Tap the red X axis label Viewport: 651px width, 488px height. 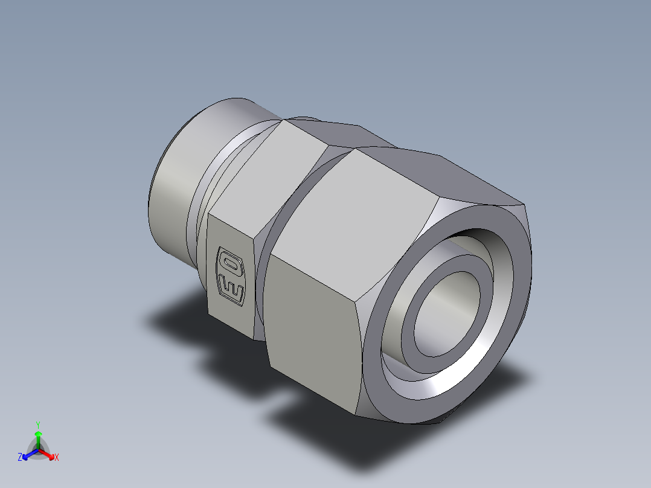click(56, 457)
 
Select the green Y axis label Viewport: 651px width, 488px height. click(37, 424)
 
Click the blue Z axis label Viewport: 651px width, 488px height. click(20, 457)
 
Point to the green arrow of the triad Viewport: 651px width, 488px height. click(38, 436)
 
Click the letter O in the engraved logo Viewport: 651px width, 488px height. click(229, 263)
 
